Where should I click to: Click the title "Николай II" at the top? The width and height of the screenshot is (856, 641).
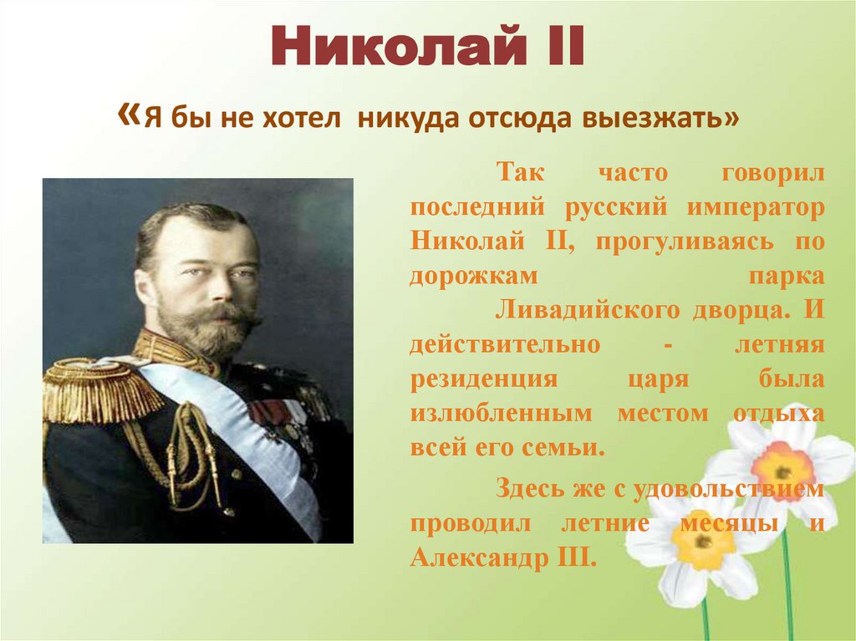(x=427, y=48)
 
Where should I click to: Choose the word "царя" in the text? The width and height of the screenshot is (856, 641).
(x=656, y=379)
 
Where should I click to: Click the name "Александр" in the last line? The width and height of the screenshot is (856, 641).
(x=476, y=557)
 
